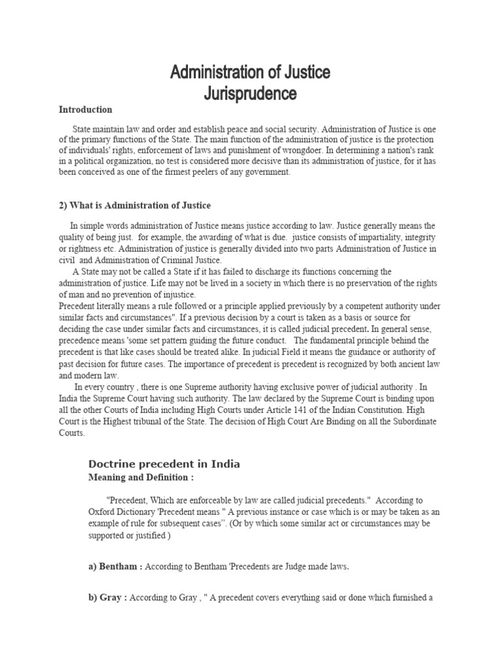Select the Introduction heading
pyautogui.click(x=85, y=110)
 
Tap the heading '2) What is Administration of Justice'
pyautogui.click(x=135, y=205)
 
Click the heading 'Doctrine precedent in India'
pyautogui.click(x=164, y=464)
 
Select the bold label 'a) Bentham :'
pyautogui.click(x=115, y=567)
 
